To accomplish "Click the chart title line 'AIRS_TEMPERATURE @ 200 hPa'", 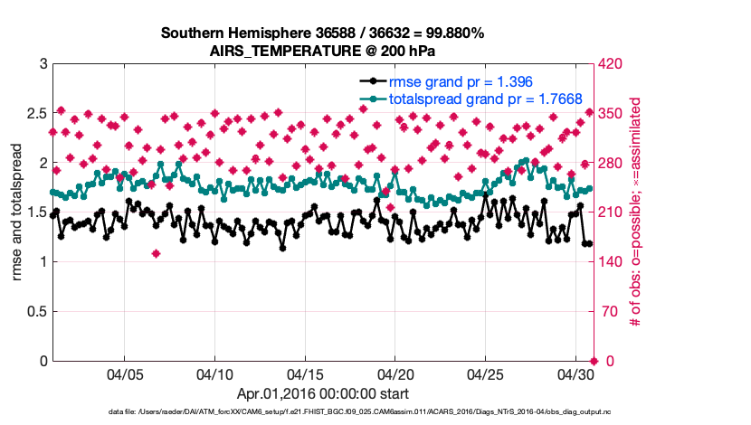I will [322, 51].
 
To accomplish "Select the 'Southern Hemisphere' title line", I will [322, 33].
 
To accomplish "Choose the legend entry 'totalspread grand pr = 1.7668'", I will [485, 98].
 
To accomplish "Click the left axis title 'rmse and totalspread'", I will [18, 212].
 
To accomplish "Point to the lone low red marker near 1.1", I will [157, 253].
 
